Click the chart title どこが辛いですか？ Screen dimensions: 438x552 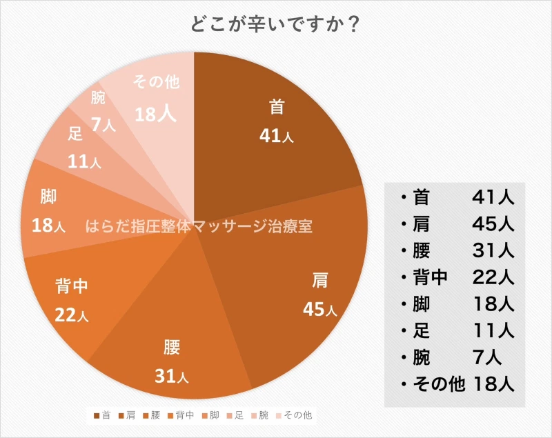(275, 23)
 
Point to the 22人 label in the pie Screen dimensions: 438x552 (72, 316)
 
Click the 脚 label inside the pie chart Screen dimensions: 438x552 (48, 197)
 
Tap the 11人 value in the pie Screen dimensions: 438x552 (84, 162)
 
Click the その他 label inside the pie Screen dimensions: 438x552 (155, 82)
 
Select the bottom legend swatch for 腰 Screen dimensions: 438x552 (144, 415)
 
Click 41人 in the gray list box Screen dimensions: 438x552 (493, 197)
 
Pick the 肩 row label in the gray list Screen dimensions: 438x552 (421, 224)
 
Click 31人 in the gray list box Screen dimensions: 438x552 (493, 250)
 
